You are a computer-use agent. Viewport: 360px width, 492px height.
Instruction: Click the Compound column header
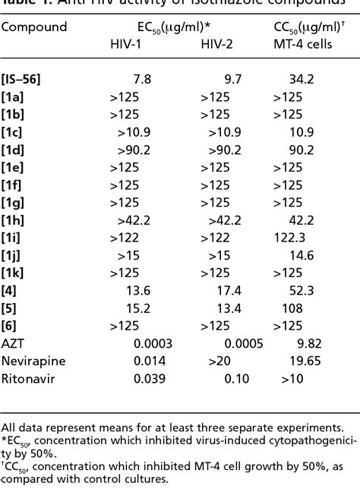tap(34, 27)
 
